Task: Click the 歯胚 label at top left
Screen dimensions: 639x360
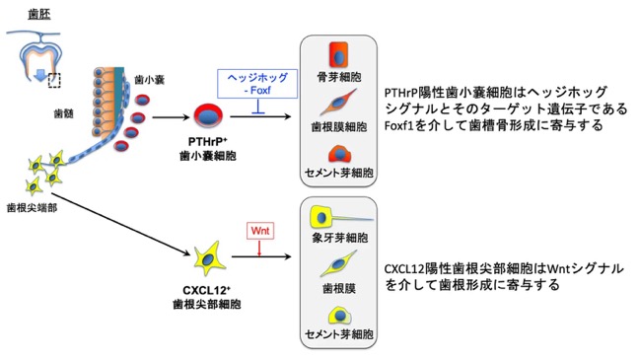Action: (x=39, y=15)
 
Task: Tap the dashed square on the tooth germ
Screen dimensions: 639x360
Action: (x=54, y=80)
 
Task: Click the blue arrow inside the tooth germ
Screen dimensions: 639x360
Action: (x=39, y=75)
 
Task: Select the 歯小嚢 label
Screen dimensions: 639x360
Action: (x=149, y=80)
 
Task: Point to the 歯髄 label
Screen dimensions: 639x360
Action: (x=63, y=113)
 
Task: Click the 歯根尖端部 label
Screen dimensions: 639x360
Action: (x=32, y=208)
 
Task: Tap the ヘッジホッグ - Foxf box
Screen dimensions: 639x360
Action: (x=257, y=84)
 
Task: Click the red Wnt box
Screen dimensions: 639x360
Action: (x=260, y=231)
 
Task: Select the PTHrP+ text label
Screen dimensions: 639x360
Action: (x=207, y=141)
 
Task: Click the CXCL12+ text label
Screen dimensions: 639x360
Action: (x=206, y=290)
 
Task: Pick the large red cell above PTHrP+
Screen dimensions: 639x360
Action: (x=208, y=115)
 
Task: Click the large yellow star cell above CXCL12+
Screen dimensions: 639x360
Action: (x=209, y=259)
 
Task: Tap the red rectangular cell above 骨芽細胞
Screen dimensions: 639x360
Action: (x=338, y=54)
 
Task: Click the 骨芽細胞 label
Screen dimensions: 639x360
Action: (x=339, y=77)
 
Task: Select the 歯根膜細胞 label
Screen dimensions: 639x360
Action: (x=339, y=127)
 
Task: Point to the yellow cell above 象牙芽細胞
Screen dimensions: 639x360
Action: (x=321, y=217)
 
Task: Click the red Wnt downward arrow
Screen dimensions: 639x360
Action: (x=259, y=248)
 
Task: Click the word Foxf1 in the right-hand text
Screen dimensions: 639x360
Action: (x=399, y=125)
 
